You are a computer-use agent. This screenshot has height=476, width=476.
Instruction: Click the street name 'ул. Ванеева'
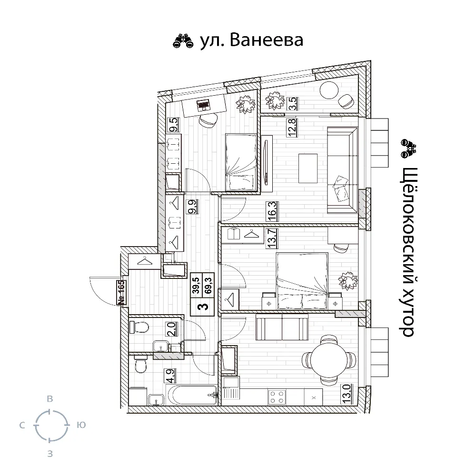pos(252,40)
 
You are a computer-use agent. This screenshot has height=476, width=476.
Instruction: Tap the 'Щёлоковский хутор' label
pos(408,252)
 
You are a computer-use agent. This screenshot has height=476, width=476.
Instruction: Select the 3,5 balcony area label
pos(293,103)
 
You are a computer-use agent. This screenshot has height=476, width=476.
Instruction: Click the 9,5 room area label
pos(174,125)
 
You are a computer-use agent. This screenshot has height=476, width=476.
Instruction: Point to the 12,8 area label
pos(292,128)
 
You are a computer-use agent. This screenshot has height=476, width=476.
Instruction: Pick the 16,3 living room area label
pos(272,211)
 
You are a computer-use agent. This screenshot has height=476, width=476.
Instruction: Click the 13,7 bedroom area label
pos(272,238)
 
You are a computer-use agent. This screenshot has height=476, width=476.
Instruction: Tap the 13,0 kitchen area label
pos(347,394)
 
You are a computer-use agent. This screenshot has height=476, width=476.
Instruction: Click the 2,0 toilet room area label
pos(171,328)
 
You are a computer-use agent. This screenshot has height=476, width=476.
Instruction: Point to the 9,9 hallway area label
pos(192,207)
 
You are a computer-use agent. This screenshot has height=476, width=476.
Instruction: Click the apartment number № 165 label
pos(121,292)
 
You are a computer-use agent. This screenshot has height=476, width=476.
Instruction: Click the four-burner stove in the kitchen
pos(277,397)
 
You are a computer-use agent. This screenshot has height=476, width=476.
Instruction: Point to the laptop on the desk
pos(203,105)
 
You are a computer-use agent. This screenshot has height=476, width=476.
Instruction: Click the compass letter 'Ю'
pos(81,425)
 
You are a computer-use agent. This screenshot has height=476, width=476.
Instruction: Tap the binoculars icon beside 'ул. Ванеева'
pos(183,41)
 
